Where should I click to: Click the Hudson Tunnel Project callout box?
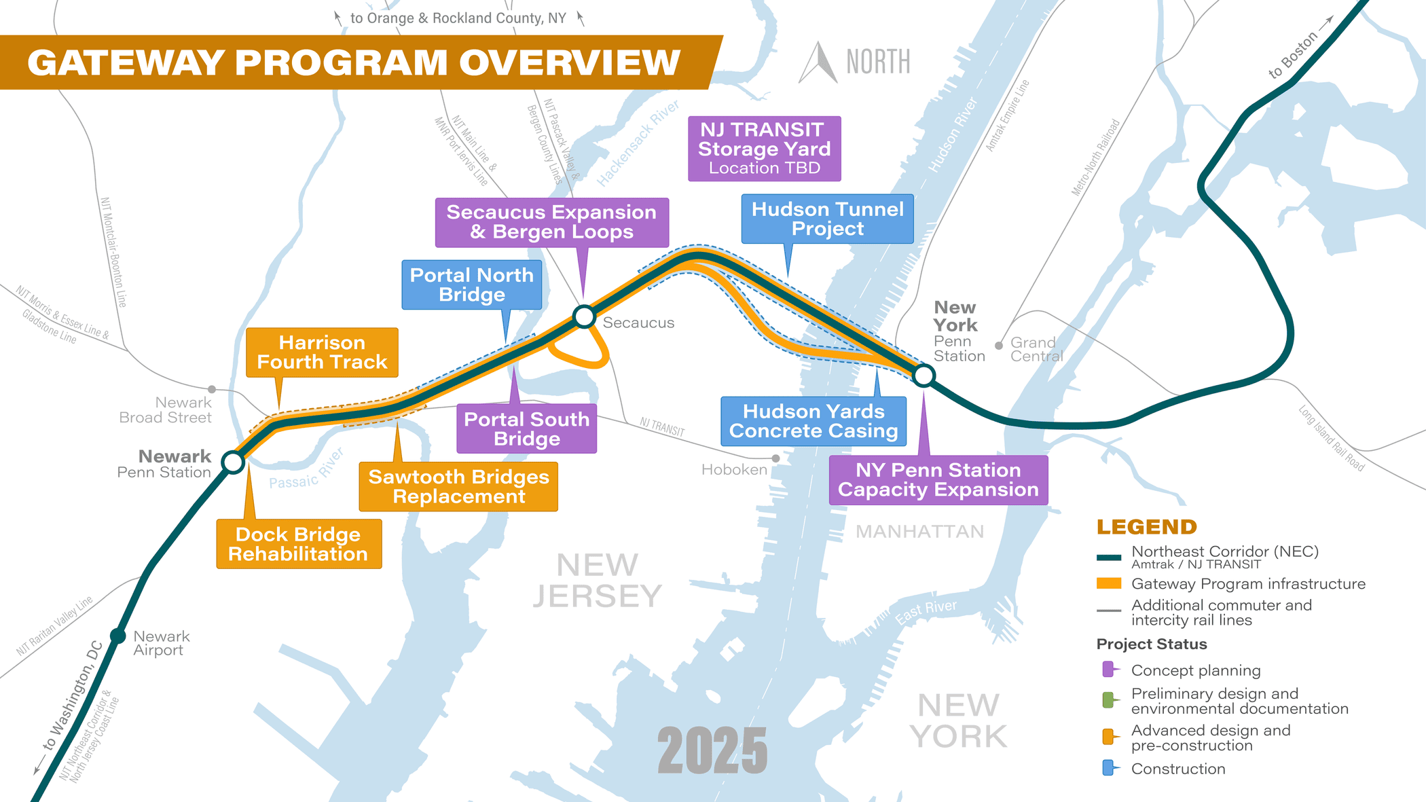(x=827, y=219)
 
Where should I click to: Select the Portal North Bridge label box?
(x=472, y=285)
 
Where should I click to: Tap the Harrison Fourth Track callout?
(x=322, y=352)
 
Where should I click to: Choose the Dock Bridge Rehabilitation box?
(x=299, y=544)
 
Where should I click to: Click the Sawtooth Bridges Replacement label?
(x=458, y=486)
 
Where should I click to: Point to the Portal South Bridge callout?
(x=527, y=429)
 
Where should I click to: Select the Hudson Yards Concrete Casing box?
(x=813, y=421)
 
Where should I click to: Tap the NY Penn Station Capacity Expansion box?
(x=938, y=480)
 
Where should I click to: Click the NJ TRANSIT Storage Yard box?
(x=765, y=149)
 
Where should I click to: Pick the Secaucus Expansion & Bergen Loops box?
(x=551, y=222)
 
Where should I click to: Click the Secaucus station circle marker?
(x=584, y=316)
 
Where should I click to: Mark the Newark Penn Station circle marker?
(x=234, y=462)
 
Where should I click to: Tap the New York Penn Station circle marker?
(x=924, y=375)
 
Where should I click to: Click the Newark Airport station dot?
(x=118, y=636)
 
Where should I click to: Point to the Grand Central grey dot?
(x=999, y=346)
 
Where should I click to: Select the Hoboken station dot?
(x=775, y=458)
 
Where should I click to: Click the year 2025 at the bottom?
(x=712, y=750)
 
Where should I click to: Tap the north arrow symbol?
(x=819, y=63)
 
